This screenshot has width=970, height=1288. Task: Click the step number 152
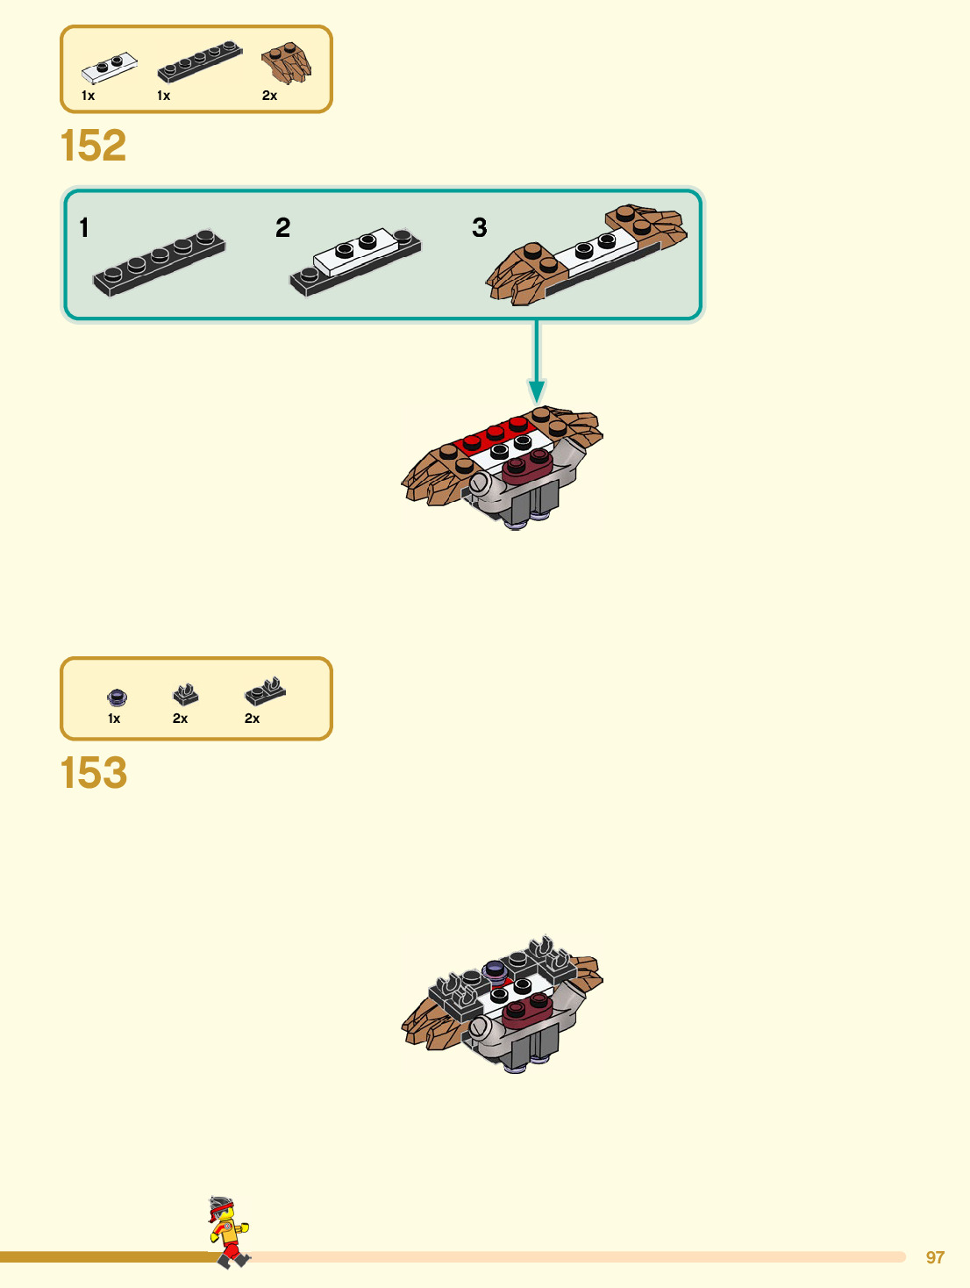(x=93, y=146)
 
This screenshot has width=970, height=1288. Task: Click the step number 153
(x=93, y=773)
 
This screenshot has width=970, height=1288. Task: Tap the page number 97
(x=935, y=1257)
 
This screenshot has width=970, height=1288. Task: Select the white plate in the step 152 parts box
(x=110, y=68)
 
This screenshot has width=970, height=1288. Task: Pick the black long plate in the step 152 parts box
(x=199, y=61)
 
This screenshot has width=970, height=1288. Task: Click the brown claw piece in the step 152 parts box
(x=287, y=63)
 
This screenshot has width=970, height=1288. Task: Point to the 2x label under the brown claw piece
(x=269, y=96)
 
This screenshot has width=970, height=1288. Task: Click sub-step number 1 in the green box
(x=84, y=228)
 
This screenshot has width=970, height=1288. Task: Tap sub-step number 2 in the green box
(x=282, y=228)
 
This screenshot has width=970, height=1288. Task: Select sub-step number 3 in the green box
(x=479, y=228)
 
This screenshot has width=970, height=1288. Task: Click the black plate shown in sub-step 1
(x=159, y=262)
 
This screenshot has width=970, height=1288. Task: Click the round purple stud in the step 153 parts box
(x=117, y=698)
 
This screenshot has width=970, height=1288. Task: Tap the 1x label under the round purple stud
(x=114, y=719)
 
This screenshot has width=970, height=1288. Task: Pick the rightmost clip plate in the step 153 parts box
(x=265, y=692)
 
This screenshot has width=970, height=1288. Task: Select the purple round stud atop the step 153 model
(x=495, y=970)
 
